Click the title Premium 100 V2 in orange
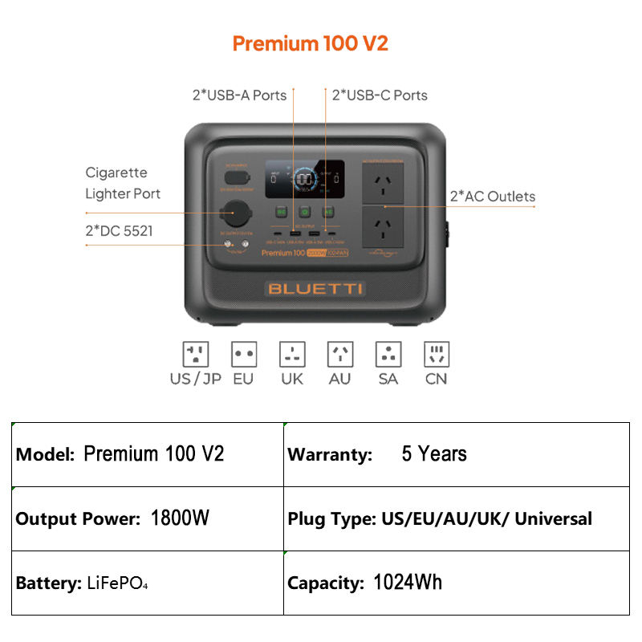310,43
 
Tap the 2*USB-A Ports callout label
239,95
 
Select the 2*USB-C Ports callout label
380,95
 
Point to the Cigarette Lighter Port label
123,183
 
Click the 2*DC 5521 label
120,232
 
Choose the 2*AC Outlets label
492,197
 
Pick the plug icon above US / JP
196,354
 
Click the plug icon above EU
243,354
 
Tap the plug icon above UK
292,354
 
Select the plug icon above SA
388,354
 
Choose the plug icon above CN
437,354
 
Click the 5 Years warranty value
434,454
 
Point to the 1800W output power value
180,518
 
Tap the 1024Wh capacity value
408,583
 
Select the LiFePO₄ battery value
117,583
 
